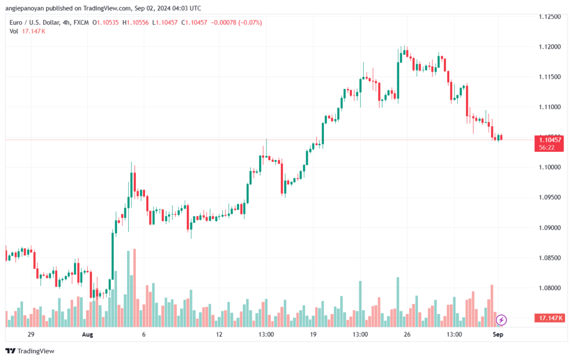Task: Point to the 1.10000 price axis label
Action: pos(550,167)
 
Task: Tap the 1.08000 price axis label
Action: pos(550,288)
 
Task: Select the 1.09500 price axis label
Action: pos(550,197)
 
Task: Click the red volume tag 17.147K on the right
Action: pos(549,318)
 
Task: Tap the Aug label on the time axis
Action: pos(87,334)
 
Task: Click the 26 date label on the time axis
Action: pos(407,334)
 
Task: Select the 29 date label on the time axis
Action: pos(31,334)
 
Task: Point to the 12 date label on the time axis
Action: pos(219,334)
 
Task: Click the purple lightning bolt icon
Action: pos(502,320)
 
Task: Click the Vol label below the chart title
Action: pos(13,31)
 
